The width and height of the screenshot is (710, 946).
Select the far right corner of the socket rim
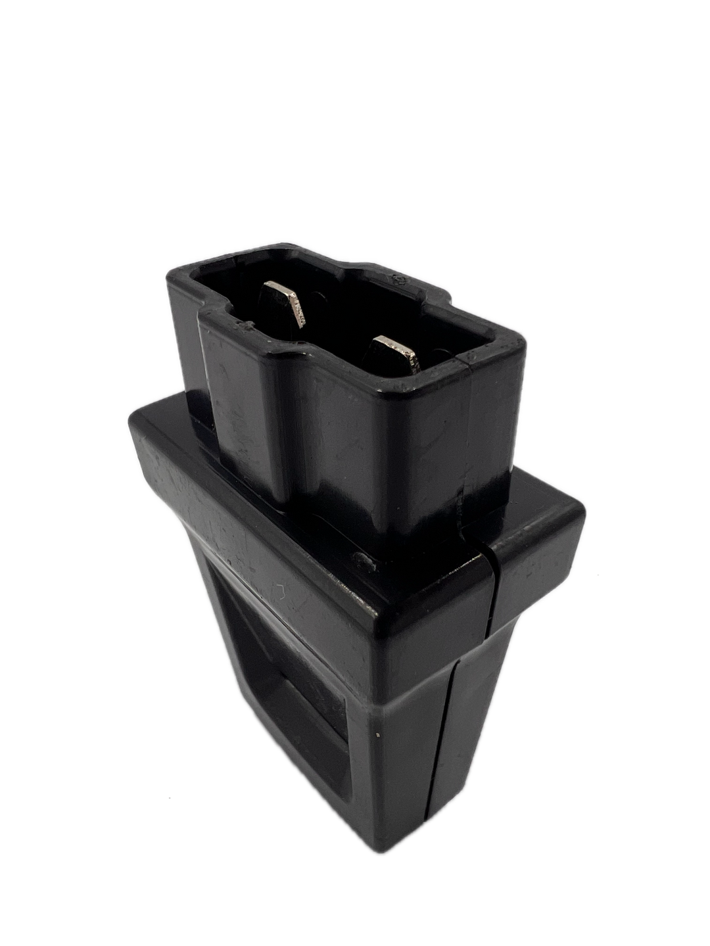[x=529, y=342]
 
